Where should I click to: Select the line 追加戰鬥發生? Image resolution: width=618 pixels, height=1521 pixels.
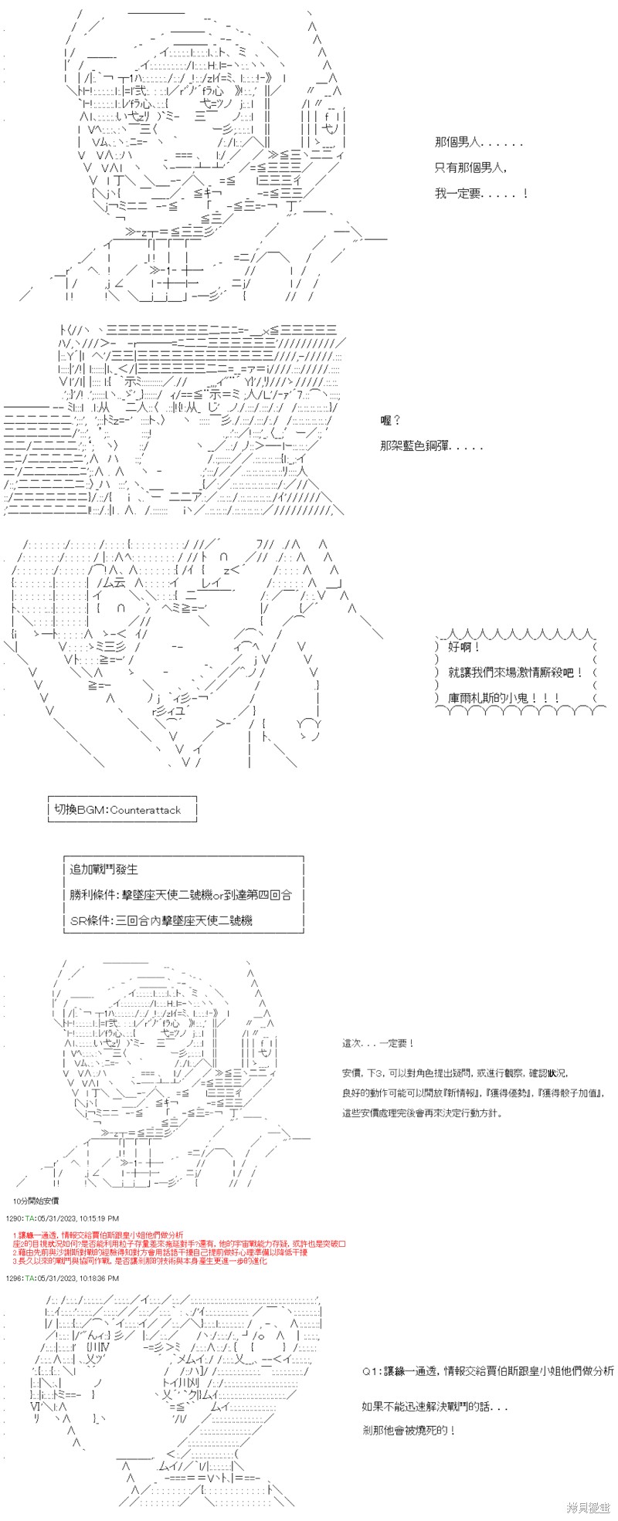pyautogui.click(x=104, y=869)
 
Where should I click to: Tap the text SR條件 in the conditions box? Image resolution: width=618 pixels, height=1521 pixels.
pyautogui.click(x=88, y=920)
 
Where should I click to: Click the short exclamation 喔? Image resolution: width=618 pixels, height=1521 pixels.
pyautogui.click(x=391, y=420)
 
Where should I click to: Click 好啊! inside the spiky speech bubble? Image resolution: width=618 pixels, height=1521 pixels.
pyautogui.click(x=465, y=647)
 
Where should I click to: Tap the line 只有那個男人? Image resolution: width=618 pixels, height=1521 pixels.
pyautogui.click(x=470, y=168)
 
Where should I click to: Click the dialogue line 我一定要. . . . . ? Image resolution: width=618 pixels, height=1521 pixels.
pyautogui.click(x=480, y=193)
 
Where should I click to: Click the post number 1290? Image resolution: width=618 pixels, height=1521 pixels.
pyautogui.click(x=15, y=1218)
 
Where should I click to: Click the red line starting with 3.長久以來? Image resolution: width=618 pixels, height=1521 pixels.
pyautogui.click(x=139, y=1261)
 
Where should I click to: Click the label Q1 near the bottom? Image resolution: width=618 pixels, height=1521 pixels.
pyautogui.click(x=372, y=1371)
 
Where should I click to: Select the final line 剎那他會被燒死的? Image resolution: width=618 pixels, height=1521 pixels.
pyautogui.click(x=408, y=1430)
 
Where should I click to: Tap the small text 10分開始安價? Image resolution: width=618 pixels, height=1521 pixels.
pyautogui.click(x=36, y=1201)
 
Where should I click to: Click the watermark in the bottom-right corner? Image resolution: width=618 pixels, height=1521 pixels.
pyautogui.click(x=588, y=1506)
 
